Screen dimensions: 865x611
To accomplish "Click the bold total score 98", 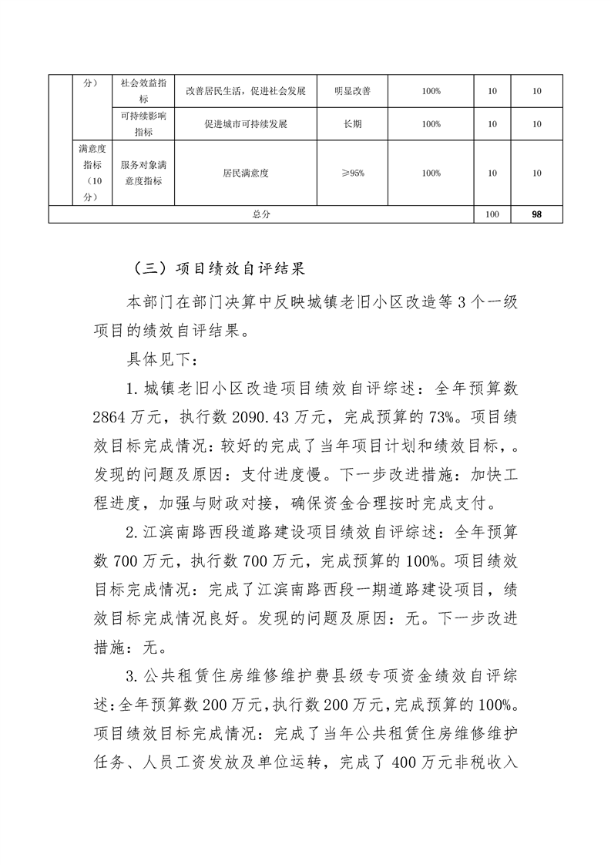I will [x=536, y=214].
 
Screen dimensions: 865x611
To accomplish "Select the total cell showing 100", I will [x=492, y=214].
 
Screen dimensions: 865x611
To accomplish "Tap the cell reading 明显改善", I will [x=352, y=91].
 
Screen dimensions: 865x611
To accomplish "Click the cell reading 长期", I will [x=352, y=124].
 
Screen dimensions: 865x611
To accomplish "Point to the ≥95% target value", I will [x=352, y=173].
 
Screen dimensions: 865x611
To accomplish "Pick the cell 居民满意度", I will [x=246, y=173].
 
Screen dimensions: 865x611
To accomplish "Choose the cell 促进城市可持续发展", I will [x=246, y=124].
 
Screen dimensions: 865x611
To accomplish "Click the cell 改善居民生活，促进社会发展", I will [x=246, y=91].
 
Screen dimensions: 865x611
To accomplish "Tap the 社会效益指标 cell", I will [x=143, y=91].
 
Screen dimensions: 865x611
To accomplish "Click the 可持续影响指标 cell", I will [x=143, y=124].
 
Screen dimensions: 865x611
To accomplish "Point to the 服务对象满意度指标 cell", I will [x=143, y=173].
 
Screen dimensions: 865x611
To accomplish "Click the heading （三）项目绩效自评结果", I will [x=220, y=270].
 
